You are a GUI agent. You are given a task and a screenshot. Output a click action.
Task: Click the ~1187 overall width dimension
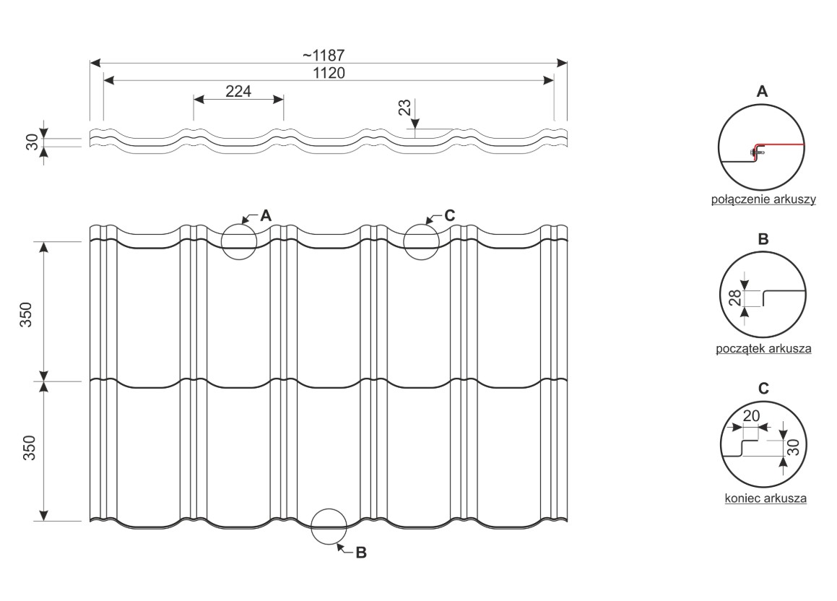pos(324,55)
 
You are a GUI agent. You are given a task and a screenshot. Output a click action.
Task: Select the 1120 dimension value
pos(329,72)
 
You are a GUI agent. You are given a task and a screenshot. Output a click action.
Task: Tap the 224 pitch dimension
pos(238,91)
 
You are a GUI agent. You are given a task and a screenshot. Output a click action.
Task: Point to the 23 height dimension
pos(405,108)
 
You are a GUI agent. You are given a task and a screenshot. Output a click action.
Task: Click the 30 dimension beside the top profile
pos(32,142)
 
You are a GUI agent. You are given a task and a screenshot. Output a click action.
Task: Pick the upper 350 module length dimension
pos(26,314)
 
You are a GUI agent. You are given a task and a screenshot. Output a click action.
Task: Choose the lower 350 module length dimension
pos(29,449)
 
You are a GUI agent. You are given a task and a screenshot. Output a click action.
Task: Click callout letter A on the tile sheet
pos(266,216)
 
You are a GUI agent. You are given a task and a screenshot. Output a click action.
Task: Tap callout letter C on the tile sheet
pos(449,215)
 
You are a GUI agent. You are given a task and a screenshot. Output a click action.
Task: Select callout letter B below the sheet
pos(361,553)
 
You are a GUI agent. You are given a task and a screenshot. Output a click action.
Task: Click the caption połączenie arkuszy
pos(763,199)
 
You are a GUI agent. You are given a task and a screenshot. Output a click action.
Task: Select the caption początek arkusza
pos(763,349)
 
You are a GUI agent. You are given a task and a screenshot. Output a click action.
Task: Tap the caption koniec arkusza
pos(766,498)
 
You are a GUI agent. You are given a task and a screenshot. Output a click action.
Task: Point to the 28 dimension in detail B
pos(735,298)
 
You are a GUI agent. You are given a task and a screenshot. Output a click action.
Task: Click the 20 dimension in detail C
pos(751,415)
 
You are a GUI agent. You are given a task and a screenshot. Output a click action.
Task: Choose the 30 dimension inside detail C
pos(794,447)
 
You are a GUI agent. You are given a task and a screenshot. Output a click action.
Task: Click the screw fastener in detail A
pos(757,153)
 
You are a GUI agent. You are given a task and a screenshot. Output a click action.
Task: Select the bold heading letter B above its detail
pos(763,238)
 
